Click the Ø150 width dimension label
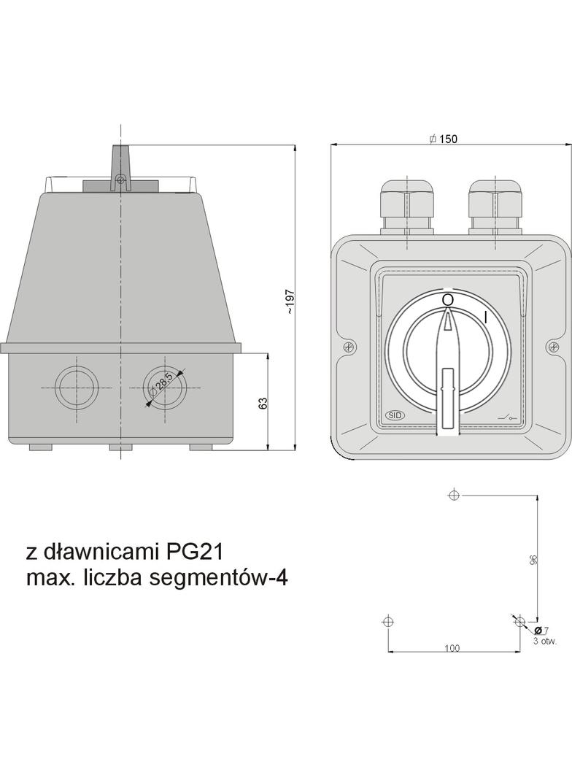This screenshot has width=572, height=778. tap(444, 139)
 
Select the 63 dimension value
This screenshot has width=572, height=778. tap(263, 403)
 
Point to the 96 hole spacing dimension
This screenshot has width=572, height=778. tap(533, 560)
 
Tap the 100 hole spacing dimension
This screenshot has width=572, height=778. tap(452, 648)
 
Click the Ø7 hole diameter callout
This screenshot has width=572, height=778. tap(542, 631)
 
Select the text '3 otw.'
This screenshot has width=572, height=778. tap(545, 641)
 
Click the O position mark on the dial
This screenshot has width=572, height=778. tap(447, 300)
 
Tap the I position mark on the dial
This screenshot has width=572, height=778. tap(485, 317)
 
